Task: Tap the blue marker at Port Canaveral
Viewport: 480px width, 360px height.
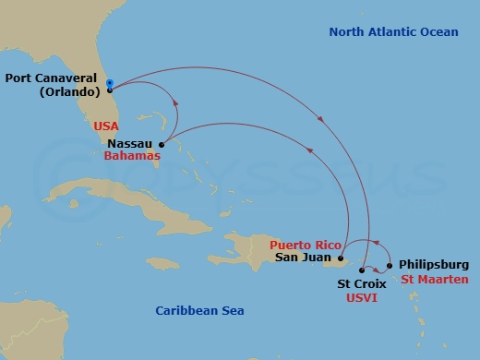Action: [x=109, y=84]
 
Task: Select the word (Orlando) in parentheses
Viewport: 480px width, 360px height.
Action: [x=70, y=93]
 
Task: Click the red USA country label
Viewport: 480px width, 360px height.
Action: [x=106, y=125]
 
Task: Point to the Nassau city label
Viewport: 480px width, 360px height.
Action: [x=130, y=144]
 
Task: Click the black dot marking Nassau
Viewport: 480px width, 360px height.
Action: [x=162, y=145]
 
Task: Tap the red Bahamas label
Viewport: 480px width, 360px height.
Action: [x=132, y=157]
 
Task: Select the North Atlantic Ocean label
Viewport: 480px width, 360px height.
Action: [x=393, y=32]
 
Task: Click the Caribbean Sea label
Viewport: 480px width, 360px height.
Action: [x=199, y=310]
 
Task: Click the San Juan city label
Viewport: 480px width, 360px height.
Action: [x=306, y=258]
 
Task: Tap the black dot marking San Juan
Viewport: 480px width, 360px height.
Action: [x=342, y=259]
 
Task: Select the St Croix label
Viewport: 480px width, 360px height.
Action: [x=361, y=285]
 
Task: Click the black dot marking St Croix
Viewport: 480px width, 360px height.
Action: [x=361, y=270]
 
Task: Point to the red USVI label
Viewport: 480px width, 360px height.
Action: [x=362, y=298]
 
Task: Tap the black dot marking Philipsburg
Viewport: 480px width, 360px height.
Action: [x=390, y=266]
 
